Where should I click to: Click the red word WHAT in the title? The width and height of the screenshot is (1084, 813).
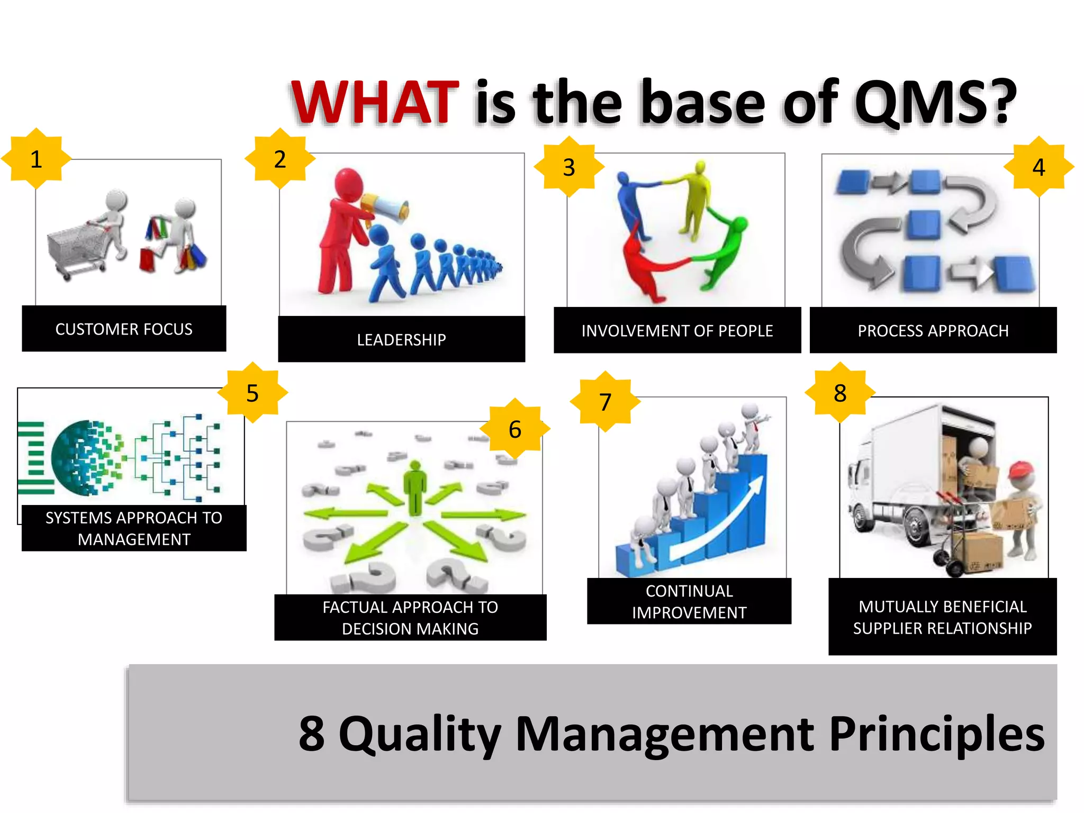pyautogui.click(x=375, y=102)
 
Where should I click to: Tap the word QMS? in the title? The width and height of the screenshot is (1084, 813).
pyautogui.click(x=934, y=102)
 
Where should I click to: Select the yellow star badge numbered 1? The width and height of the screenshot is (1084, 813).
pyautogui.click(x=36, y=159)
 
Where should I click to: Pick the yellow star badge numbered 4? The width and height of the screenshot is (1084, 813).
pyautogui.click(x=1038, y=167)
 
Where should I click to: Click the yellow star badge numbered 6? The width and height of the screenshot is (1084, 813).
pyautogui.click(x=515, y=429)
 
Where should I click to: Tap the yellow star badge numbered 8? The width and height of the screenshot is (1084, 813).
pyautogui.click(x=840, y=393)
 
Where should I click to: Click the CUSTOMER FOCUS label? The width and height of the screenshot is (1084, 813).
pyautogui.click(x=124, y=329)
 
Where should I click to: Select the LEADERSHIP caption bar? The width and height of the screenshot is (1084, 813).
pyautogui.click(x=401, y=339)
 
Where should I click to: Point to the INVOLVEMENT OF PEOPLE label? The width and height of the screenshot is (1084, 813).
pyautogui.click(x=677, y=331)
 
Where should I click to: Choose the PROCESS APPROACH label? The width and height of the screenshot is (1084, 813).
pyautogui.click(x=933, y=331)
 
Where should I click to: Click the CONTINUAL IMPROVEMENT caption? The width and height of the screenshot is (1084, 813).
pyautogui.click(x=689, y=601)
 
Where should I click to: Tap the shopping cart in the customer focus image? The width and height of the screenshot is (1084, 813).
pyautogui.click(x=77, y=249)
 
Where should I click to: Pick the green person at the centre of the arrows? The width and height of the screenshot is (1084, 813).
pyautogui.click(x=415, y=487)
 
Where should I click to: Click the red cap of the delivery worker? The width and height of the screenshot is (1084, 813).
pyautogui.click(x=1022, y=468)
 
